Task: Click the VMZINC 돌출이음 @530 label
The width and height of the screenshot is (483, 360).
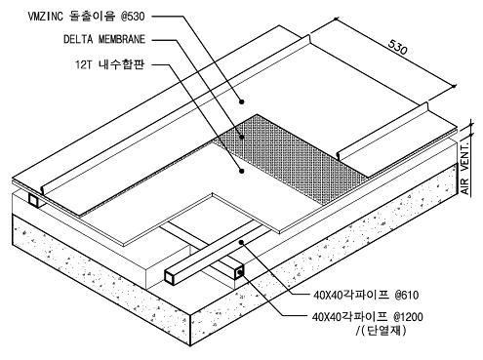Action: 86,16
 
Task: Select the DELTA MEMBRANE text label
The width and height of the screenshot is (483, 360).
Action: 104,39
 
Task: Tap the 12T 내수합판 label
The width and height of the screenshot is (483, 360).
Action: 109,64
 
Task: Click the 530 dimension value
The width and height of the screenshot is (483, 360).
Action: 397,48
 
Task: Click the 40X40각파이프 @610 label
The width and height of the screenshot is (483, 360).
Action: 366,295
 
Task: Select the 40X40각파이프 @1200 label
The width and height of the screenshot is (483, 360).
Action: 368,316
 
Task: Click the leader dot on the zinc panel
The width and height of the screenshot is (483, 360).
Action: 241,101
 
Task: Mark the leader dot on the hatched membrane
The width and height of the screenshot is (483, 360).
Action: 241,137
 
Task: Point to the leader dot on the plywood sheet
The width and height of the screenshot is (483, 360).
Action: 241,171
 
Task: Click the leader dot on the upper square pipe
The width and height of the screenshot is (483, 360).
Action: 241,242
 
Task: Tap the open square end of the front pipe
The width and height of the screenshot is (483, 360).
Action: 171,277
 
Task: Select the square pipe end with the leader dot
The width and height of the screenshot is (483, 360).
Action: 239,272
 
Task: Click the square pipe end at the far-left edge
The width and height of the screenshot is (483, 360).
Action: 33,200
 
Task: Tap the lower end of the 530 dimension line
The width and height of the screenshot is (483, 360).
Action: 454,86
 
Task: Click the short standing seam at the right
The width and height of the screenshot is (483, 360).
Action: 383,131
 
